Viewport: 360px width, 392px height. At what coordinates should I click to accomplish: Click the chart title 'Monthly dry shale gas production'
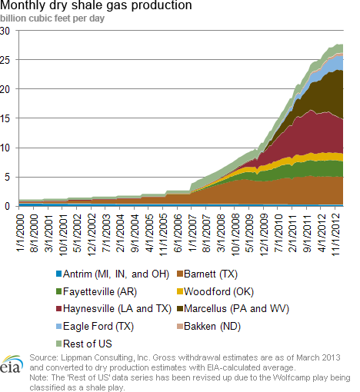[96, 5]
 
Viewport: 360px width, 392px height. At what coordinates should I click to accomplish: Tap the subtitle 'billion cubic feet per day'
[52, 18]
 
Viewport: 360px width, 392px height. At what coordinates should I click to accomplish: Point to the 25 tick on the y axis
[5, 61]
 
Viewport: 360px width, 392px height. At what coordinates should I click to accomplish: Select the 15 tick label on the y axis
[5, 118]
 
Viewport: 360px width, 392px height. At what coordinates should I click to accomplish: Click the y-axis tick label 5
[7, 177]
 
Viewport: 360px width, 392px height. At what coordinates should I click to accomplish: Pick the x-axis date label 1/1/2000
[20, 233]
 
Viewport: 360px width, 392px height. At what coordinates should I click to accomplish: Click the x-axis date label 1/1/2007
[192, 233]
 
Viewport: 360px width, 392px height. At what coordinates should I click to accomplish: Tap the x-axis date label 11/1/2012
[335, 234]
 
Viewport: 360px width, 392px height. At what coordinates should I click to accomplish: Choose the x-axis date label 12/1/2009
[264, 234]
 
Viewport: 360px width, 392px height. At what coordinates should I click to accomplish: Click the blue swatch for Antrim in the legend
[59, 274]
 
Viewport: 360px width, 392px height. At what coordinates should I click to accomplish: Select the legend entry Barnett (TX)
[208, 274]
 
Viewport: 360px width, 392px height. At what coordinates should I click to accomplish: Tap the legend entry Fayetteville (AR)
[96, 291]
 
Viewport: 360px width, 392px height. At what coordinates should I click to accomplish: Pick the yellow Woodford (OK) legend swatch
[180, 291]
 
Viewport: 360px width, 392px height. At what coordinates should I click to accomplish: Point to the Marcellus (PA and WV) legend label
[236, 309]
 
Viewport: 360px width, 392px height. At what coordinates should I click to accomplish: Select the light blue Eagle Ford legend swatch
[59, 327]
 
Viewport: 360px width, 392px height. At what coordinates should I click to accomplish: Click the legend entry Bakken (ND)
[209, 327]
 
